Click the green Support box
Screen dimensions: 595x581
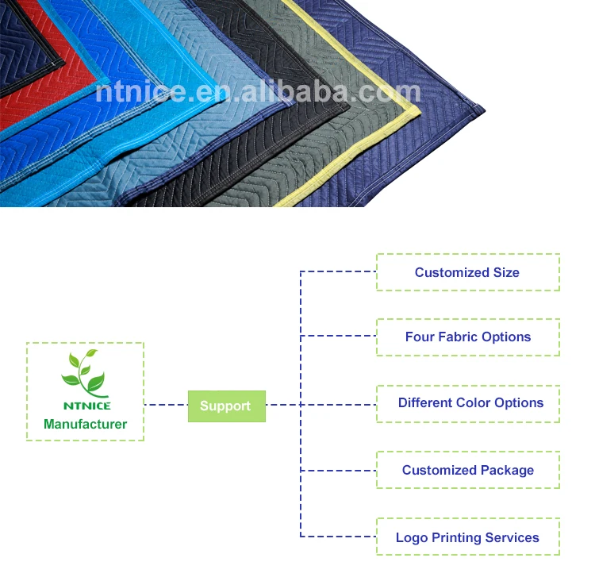coord(226,406)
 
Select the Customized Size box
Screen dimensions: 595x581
coord(467,272)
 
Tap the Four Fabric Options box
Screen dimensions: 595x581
coord(467,337)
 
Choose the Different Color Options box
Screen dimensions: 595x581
coord(467,403)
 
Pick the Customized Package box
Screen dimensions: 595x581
coord(467,470)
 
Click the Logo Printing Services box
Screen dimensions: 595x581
coord(467,537)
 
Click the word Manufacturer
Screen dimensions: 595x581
coord(85,424)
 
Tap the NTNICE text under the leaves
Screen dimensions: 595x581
coord(85,406)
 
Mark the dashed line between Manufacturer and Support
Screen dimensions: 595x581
coord(166,406)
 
